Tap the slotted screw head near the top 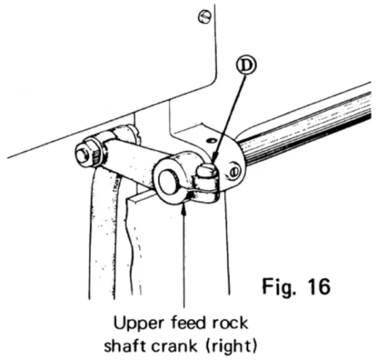[x=203, y=18]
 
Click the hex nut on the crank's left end [x=88, y=151]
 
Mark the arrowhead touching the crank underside [x=185, y=210]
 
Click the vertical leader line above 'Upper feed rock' [x=185, y=260]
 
